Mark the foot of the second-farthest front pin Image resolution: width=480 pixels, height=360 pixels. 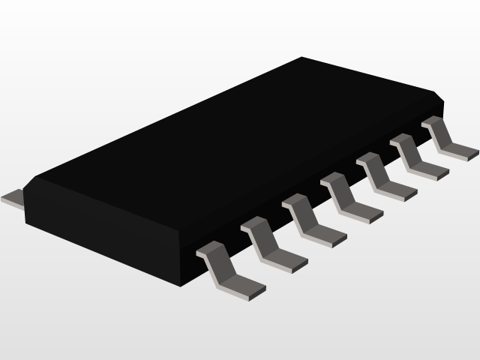(x=430, y=172)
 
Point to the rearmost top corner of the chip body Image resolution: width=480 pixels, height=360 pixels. (x=301, y=57)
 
